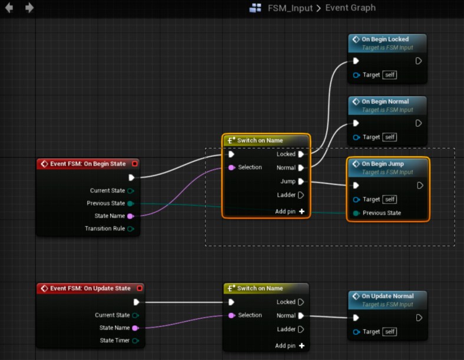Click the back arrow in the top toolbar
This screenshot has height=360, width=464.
tap(9, 8)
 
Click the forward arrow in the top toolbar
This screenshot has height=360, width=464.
tap(29, 8)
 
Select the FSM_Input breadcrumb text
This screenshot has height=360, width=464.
tap(289, 8)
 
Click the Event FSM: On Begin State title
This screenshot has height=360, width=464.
tap(88, 164)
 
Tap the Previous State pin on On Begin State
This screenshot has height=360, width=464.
tap(130, 203)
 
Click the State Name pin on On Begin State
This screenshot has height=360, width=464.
tap(130, 216)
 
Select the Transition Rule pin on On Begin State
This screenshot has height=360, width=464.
tap(130, 229)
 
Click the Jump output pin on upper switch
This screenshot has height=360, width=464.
tap(301, 181)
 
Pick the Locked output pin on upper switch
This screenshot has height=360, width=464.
tap(301, 154)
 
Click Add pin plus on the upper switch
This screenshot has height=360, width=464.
tap(301, 211)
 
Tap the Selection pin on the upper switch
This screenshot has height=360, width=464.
tap(231, 167)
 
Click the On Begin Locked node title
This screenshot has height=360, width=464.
tap(385, 39)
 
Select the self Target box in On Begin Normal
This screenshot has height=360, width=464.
tap(389, 137)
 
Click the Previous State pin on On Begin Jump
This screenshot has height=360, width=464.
tap(356, 213)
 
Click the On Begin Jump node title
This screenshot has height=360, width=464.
tap(382, 164)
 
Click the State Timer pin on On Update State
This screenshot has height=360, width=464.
tap(135, 341)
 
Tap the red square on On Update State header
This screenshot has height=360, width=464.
tap(139, 289)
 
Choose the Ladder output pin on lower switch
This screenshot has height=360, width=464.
tap(301, 329)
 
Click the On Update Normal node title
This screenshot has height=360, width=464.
tap(387, 296)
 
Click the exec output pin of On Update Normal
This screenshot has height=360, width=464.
tap(419, 318)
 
